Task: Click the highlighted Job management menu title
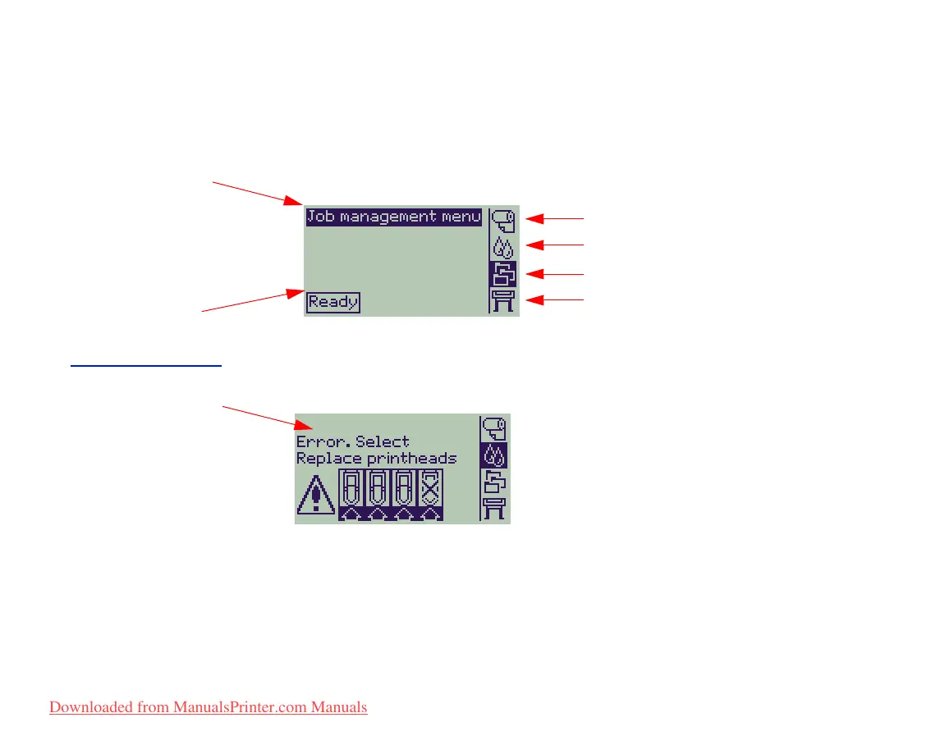[394, 217]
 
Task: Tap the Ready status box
[333, 303]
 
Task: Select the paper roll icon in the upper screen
[503, 222]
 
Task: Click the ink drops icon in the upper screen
[502, 247]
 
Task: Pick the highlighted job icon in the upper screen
[502, 274]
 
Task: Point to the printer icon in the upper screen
[502, 301]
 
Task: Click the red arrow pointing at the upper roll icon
[554, 219]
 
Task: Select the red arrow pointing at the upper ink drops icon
[554, 245]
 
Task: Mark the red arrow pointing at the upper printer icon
[554, 300]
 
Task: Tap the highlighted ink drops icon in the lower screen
[494, 455]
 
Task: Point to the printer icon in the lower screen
[494, 509]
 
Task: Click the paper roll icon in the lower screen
[494, 428]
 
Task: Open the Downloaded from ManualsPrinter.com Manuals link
[209, 707]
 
